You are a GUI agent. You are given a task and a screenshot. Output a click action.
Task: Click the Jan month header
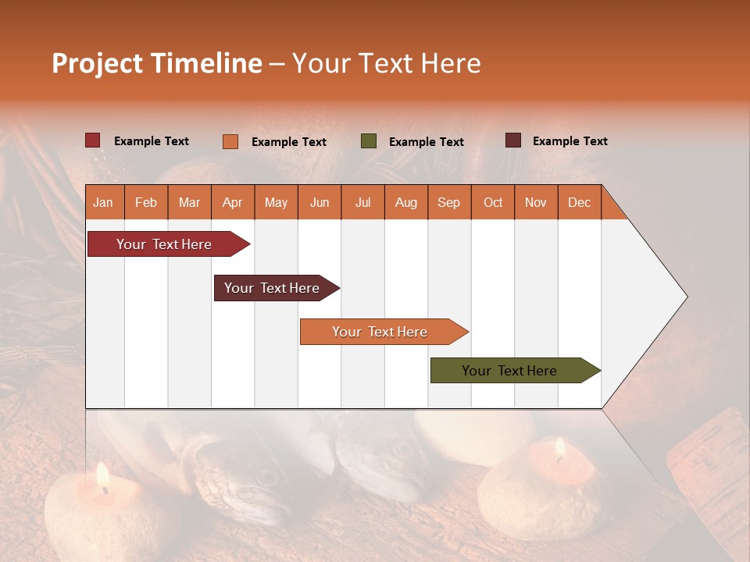(x=103, y=202)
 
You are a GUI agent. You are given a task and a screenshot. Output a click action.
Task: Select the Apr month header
(x=232, y=202)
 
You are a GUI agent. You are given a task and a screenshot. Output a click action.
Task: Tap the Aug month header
(x=405, y=202)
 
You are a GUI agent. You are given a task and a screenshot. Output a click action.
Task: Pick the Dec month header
(x=579, y=202)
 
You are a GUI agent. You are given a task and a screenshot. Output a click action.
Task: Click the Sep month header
(x=448, y=202)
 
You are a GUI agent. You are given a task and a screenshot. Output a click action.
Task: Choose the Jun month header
(x=319, y=202)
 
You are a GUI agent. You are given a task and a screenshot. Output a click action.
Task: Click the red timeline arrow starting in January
(x=164, y=244)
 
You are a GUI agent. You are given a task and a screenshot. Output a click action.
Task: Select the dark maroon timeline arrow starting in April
(x=272, y=288)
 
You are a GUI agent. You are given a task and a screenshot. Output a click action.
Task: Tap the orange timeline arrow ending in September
(x=380, y=332)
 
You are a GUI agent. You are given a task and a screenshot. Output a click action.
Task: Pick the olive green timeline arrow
(x=509, y=371)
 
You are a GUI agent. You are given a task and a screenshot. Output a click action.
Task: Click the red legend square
(x=92, y=140)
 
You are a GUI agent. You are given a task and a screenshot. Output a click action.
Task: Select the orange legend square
(x=230, y=141)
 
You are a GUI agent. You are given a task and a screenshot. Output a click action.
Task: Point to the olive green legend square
(x=368, y=141)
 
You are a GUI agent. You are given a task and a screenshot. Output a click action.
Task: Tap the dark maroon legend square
(x=512, y=140)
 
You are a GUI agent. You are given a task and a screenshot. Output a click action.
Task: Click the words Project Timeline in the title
(x=156, y=63)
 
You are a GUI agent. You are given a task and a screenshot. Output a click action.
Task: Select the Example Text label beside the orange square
(x=289, y=142)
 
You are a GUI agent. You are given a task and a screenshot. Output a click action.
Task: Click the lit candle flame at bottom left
(x=102, y=475)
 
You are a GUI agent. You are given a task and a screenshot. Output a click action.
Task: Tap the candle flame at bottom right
(x=559, y=448)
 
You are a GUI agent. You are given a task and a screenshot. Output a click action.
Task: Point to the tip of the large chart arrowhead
(x=687, y=297)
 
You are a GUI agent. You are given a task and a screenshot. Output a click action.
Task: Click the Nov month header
(x=535, y=202)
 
